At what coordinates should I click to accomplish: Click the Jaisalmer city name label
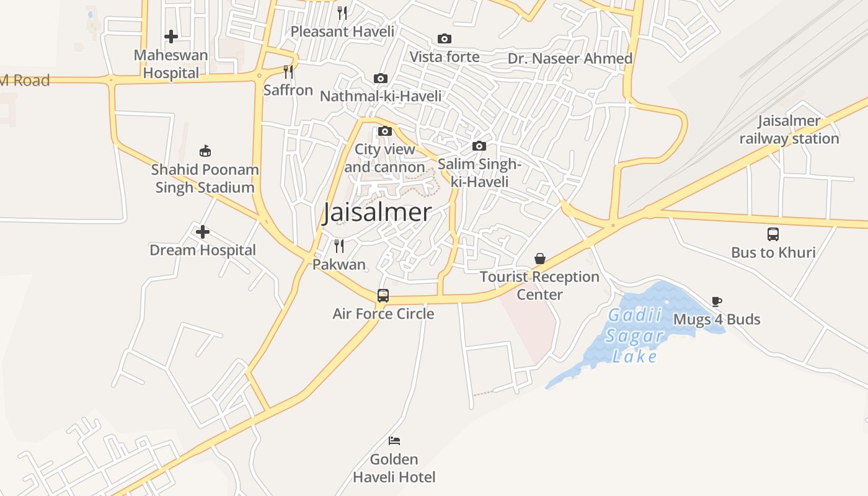click(x=377, y=213)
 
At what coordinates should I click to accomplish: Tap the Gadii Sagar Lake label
click(x=634, y=336)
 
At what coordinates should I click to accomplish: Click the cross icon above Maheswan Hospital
click(x=171, y=37)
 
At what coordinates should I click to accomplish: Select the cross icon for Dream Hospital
click(x=203, y=232)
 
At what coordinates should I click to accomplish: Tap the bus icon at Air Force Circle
click(x=383, y=296)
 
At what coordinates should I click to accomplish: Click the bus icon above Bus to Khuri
click(x=773, y=234)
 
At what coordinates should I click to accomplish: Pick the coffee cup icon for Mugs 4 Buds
click(x=717, y=302)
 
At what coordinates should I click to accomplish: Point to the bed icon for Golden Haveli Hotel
click(x=394, y=441)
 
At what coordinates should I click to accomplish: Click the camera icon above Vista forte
click(x=445, y=39)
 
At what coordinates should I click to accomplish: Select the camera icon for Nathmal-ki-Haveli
click(x=381, y=79)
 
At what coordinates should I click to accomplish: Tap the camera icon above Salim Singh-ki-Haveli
click(x=479, y=146)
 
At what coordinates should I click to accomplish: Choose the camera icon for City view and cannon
click(x=385, y=131)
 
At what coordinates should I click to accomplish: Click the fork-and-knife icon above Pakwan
click(x=339, y=246)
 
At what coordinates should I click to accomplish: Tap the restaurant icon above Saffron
click(x=288, y=72)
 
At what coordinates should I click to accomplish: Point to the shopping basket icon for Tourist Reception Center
click(x=540, y=259)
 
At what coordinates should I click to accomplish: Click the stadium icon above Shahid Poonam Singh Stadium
click(x=205, y=151)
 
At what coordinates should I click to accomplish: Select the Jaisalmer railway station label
click(x=789, y=130)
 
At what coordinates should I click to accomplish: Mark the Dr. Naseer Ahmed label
click(x=570, y=58)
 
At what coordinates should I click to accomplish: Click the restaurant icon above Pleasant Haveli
click(x=342, y=13)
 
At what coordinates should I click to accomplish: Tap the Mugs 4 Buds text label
click(x=717, y=320)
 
